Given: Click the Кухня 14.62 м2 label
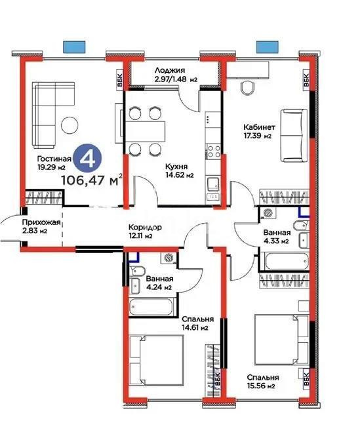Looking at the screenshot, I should click(x=179, y=171).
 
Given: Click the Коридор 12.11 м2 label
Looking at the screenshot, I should click(x=140, y=231).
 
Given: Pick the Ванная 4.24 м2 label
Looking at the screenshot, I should click(x=159, y=282).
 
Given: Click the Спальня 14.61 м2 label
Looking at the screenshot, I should click(x=195, y=323).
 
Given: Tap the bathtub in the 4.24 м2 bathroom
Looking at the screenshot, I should click(x=151, y=307).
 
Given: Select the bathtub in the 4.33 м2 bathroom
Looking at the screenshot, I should click(x=285, y=262).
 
